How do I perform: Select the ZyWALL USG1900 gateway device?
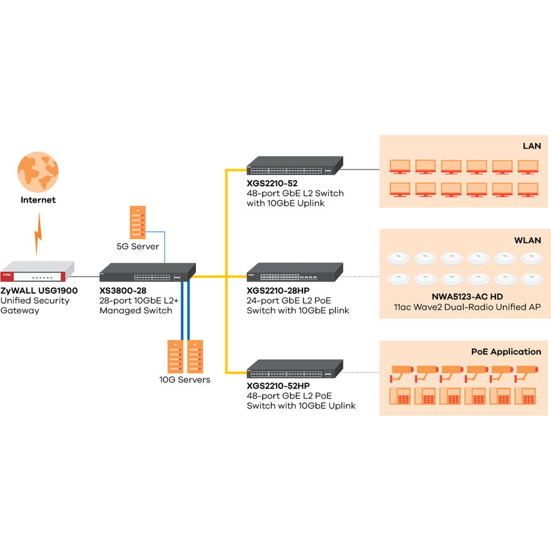coord(37,270)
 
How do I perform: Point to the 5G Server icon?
coord(138,222)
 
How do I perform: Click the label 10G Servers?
coord(184,380)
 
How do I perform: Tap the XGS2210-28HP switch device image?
coord(294,272)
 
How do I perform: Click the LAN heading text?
coord(531,146)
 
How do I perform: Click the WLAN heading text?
coord(528,240)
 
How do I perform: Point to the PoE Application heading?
coord(506,352)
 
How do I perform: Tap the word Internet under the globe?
coord(38,200)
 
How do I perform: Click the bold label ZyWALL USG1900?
coord(39,290)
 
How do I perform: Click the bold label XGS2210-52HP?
coord(278,386)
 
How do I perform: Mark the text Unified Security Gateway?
coord(35,305)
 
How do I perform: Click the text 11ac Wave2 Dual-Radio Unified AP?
coord(467,306)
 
